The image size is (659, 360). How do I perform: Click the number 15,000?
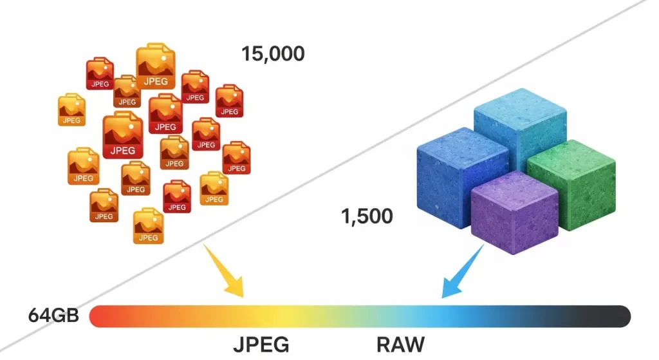[x=273, y=53]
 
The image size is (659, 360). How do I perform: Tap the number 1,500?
[x=367, y=216]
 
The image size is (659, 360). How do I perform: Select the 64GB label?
[x=53, y=316]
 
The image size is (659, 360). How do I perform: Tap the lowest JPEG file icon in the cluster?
[x=148, y=226]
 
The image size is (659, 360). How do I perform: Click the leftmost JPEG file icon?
[x=71, y=110]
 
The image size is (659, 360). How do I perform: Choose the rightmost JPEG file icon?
[x=236, y=158]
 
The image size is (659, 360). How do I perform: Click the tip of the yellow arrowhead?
[x=243, y=297]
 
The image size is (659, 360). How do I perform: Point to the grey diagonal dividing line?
[x=360, y=161]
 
